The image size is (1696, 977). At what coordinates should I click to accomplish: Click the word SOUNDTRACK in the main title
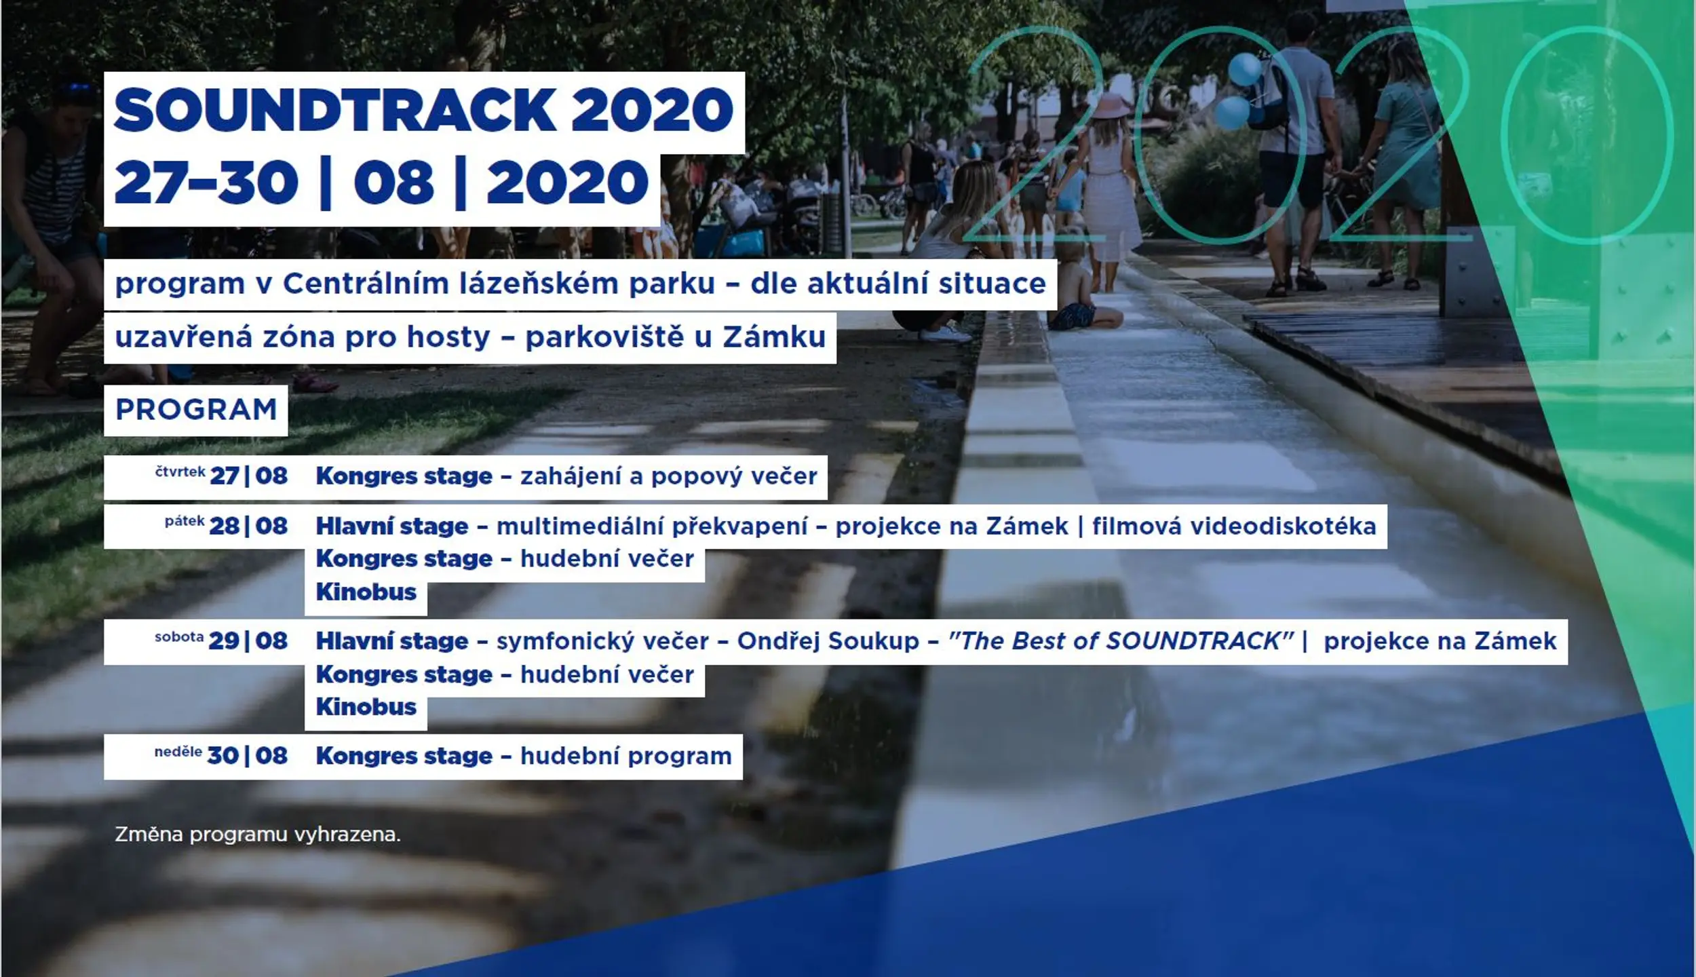coord(335,110)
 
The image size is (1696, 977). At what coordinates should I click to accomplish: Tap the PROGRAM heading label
coord(196,410)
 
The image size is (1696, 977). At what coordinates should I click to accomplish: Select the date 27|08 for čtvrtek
coord(248,476)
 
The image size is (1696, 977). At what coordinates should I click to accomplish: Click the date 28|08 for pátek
coord(248,526)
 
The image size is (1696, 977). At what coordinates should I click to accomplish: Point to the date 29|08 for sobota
coord(248,641)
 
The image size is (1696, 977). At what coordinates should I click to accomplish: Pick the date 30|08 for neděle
coord(247,756)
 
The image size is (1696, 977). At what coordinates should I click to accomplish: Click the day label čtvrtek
coord(180,472)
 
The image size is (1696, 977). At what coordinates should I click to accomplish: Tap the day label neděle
coord(178,752)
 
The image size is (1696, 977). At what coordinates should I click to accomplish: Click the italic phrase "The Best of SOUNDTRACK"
coord(1121,641)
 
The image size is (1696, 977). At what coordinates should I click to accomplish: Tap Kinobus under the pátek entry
coord(366,592)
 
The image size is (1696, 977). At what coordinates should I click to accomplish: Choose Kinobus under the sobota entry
coord(366,707)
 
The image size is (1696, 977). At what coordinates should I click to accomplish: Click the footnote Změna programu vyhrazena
coord(258,835)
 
